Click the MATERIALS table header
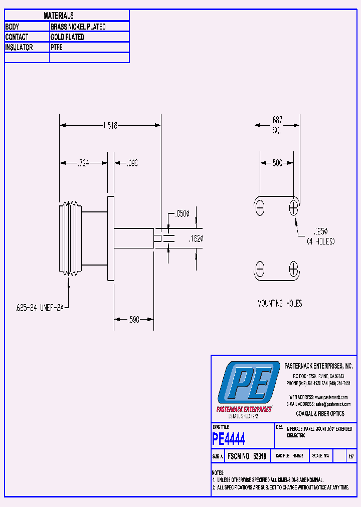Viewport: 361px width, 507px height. (59, 16)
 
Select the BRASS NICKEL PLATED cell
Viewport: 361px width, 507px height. (78, 27)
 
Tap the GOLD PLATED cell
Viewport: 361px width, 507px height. (67, 37)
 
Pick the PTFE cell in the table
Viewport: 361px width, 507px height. (56, 48)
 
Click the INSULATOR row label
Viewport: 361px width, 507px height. (19, 48)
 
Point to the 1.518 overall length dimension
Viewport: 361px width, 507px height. (110, 126)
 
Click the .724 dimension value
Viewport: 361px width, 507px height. (83, 163)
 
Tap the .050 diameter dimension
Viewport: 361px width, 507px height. (181, 214)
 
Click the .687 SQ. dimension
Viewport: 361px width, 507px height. (277, 125)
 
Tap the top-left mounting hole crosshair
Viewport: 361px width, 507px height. (260, 207)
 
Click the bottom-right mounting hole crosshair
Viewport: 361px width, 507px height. (293, 269)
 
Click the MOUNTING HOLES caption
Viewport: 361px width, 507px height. (280, 304)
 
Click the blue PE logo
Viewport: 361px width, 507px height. (249, 383)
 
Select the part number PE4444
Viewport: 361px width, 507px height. (229, 439)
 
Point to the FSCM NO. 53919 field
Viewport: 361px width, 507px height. (247, 456)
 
